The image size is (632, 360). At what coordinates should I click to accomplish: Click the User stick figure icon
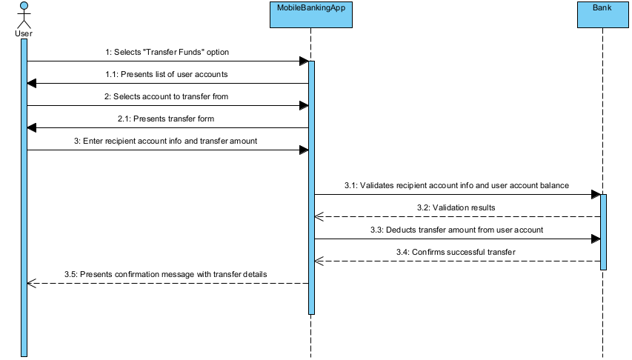(23, 15)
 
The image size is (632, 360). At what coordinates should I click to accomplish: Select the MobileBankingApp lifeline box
(310, 15)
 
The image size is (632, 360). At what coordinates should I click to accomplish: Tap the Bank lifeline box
(602, 15)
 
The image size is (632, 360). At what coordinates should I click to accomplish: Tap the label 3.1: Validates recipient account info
(456, 186)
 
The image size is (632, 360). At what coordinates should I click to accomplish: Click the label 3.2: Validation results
(458, 208)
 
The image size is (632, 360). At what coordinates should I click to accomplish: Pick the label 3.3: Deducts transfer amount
(456, 230)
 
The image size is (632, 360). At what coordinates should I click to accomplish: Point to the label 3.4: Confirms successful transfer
(458, 253)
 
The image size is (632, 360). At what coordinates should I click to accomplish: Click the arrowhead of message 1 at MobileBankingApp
(304, 61)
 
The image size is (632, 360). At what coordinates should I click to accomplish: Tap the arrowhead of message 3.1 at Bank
(595, 195)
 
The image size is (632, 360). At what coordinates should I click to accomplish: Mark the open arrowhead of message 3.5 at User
(31, 283)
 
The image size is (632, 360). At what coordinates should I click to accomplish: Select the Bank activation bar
(602, 232)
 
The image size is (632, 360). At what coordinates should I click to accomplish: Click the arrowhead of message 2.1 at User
(31, 128)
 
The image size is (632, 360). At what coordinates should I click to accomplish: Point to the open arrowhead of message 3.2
(319, 217)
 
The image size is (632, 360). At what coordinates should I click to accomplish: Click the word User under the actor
(23, 33)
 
